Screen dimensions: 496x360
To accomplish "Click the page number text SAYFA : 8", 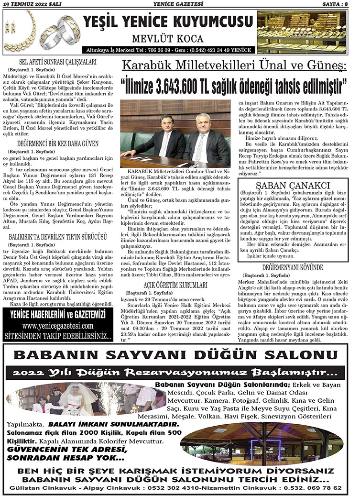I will tap(336, 4).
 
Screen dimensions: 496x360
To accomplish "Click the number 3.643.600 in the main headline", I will tap(185, 87).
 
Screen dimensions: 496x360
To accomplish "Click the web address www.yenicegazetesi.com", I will tap(57, 326).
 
